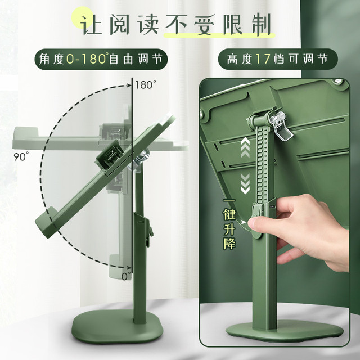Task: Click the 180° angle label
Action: pyautogui.click(x=145, y=85)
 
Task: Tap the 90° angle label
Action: pyautogui.click(x=21, y=156)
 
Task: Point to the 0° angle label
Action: pyautogui.click(x=126, y=276)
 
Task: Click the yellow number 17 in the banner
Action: pyautogui.click(x=263, y=59)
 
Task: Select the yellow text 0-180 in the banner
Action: pyautogui.click(x=86, y=58)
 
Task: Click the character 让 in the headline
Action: pyautogui.click(x=91, y=25)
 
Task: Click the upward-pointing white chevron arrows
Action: pyautogui.click(x=245, y=147)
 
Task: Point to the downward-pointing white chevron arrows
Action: pyautogui.click(x=245, y=183)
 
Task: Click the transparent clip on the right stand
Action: pyautogui.click(x=281, y=125)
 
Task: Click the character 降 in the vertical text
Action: pyautogui.click(x=229, y=243)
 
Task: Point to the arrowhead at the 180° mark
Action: pyautogui.click(x=129, y=85)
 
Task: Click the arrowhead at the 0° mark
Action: pyautogui.click(x=129, y=268)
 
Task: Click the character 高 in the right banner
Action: pyautogui.click(x=233, y=59)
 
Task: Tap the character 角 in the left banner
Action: pyautogui.click(x=45, y=59)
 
